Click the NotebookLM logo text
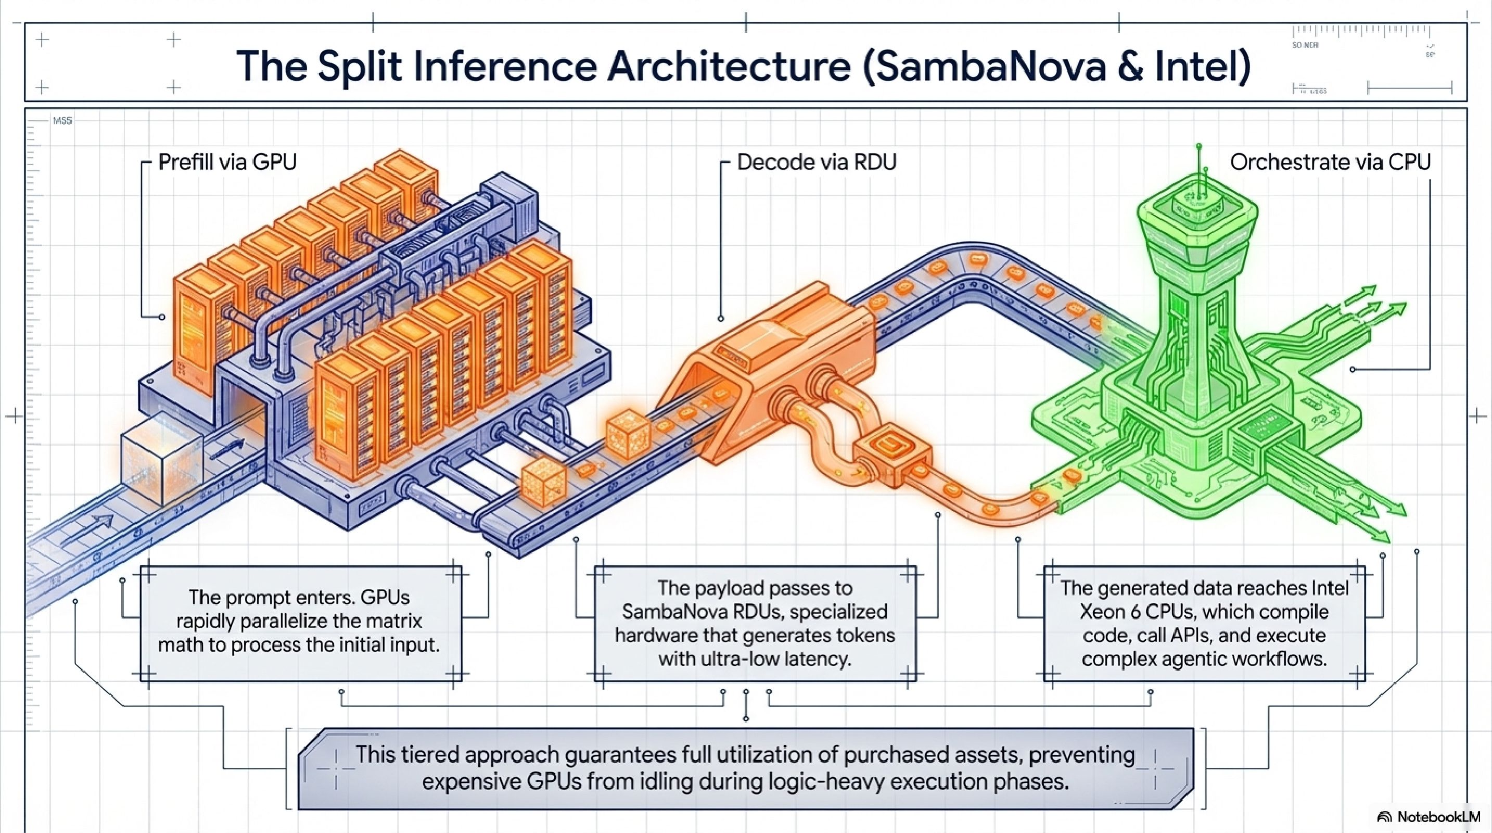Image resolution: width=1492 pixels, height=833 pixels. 1437,817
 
